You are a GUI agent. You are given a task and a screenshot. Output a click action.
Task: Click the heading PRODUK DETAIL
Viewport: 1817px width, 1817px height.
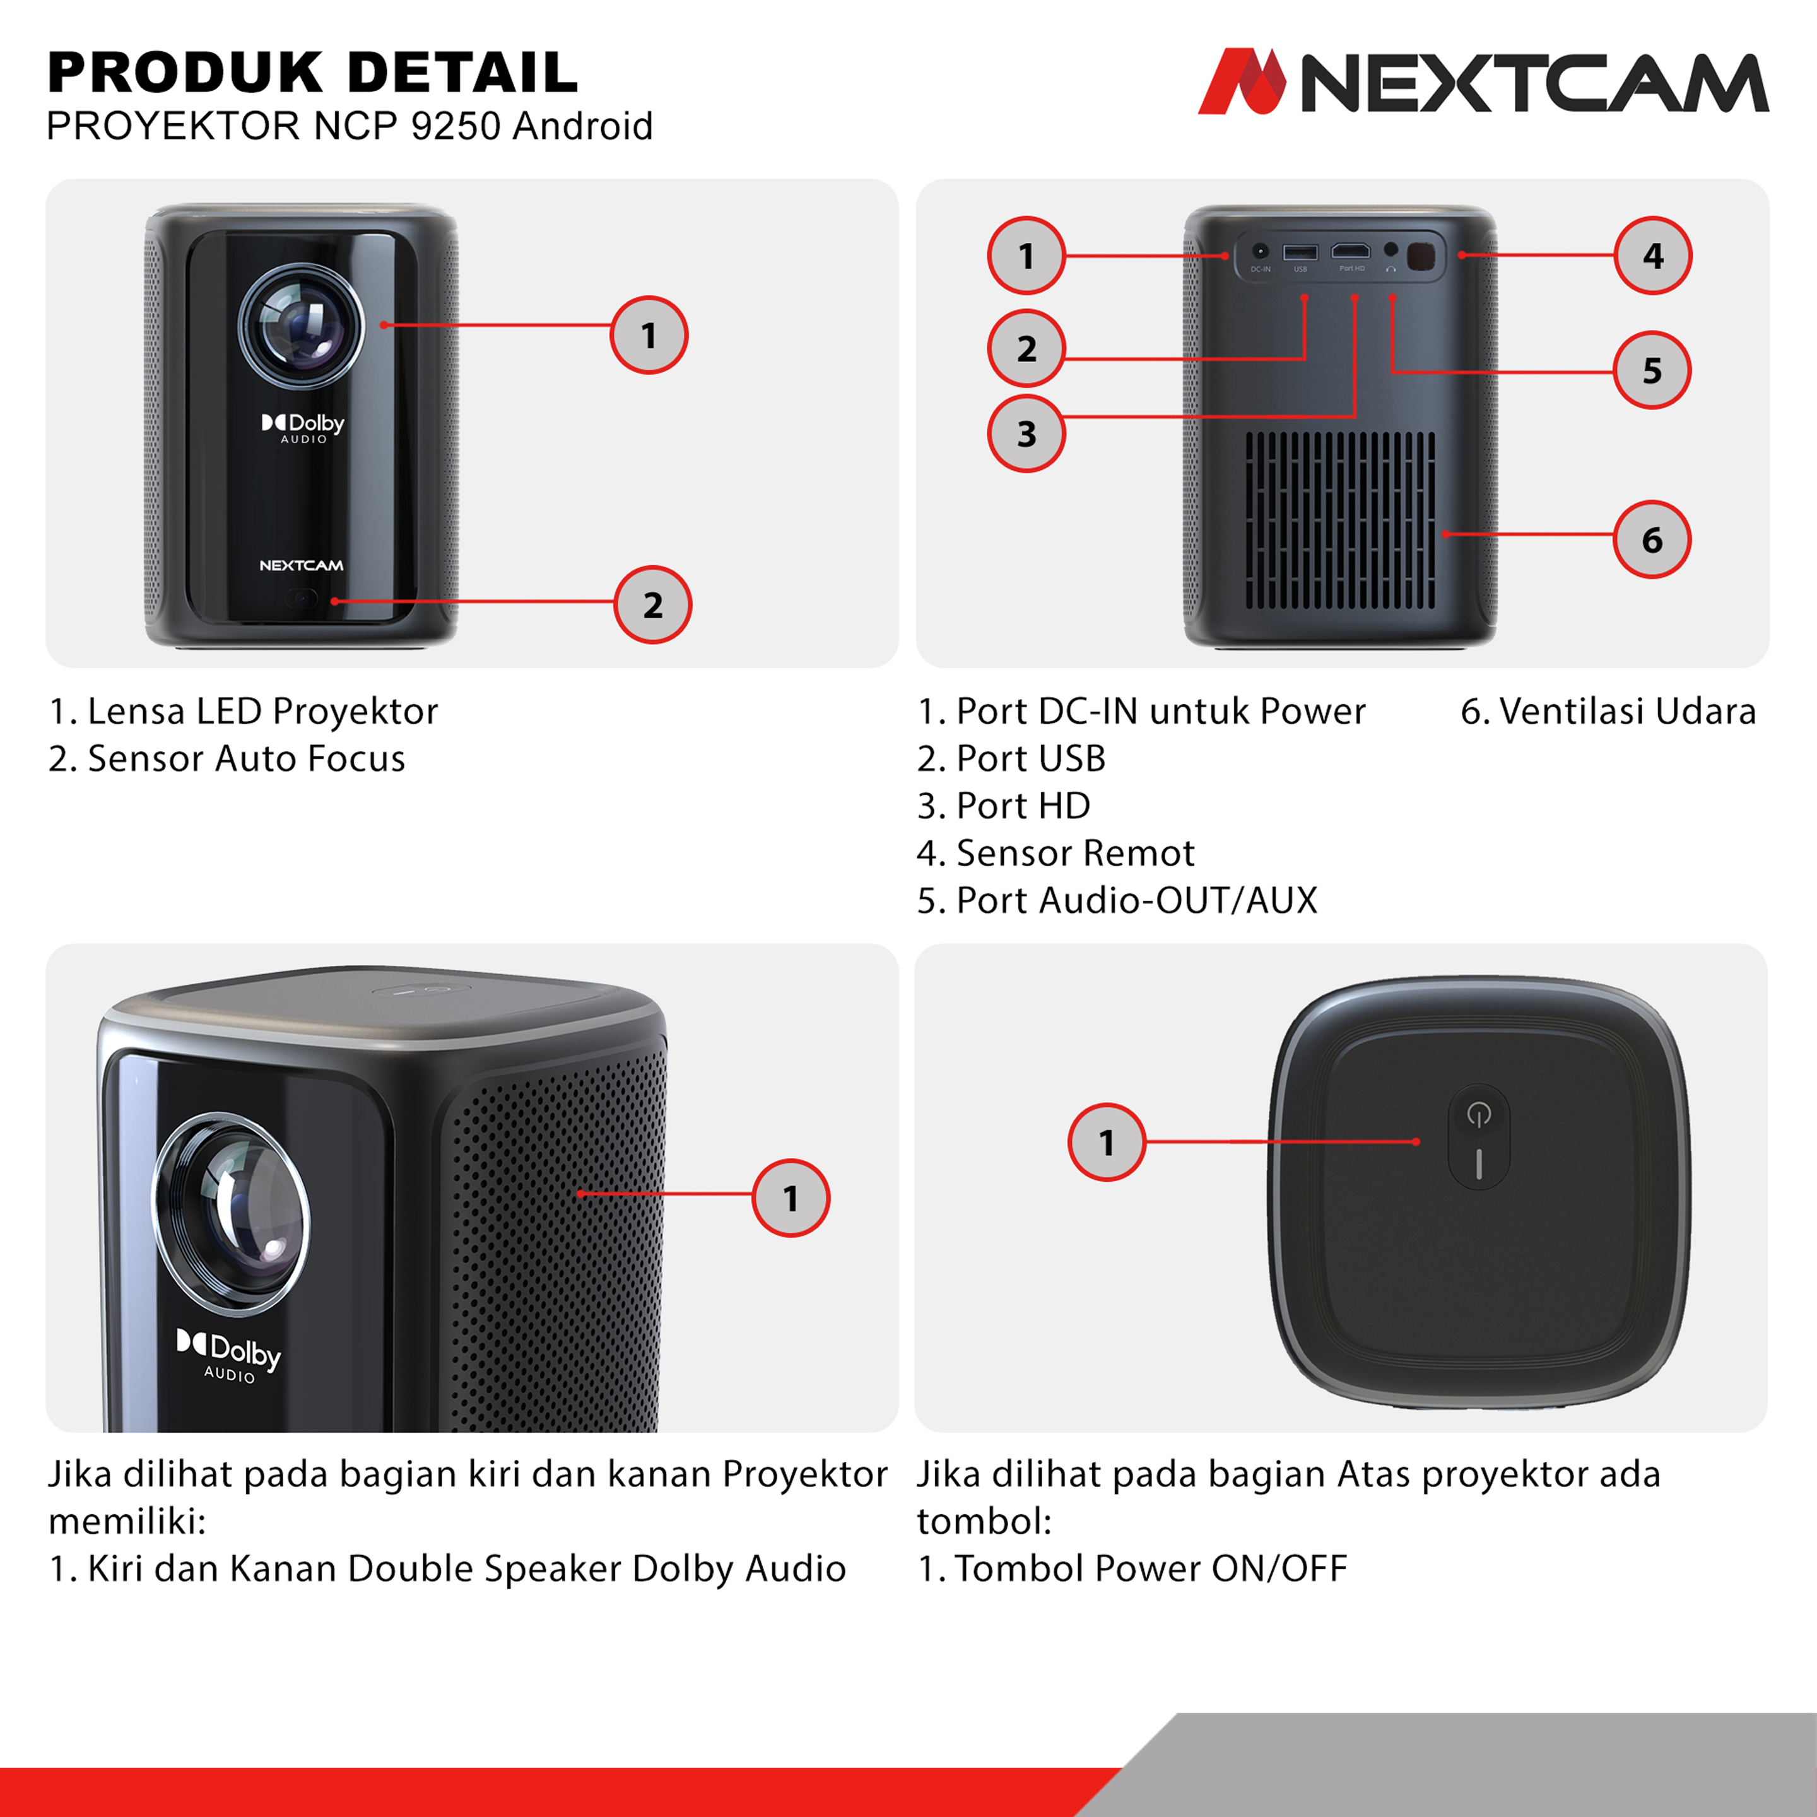[x=312, y=73]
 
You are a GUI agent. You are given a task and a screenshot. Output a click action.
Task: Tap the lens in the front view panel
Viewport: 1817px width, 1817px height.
[x=301, y=326]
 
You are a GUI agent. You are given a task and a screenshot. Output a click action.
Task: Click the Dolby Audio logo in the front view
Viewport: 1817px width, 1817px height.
[x=303, y=428]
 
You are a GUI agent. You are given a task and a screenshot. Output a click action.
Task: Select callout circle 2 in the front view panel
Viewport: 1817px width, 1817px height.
[x=653, y=605]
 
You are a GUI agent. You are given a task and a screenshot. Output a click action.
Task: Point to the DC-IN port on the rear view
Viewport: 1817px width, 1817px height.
[x=1261, y=251]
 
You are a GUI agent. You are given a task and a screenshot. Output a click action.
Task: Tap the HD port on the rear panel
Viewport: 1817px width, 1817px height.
[x=1351, y=251]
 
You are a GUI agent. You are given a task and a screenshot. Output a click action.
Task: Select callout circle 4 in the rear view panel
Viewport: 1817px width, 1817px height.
[x=1654, y=256]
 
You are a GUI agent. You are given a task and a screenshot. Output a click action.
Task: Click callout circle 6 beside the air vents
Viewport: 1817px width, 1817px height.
[x=1652, y=539]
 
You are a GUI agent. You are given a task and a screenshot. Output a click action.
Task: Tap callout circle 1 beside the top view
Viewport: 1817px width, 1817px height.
[x=1107, y=1142]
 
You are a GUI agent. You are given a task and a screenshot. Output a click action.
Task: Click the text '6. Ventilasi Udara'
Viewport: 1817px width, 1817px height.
[x=1608, y=711]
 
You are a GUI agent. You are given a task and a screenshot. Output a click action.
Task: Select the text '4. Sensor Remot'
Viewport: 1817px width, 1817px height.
[x=1056, y=853]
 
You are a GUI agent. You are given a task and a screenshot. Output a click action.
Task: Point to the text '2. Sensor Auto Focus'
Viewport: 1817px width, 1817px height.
[x=226, y=758]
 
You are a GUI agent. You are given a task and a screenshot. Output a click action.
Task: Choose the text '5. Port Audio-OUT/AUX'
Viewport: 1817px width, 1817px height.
[x=1117, y=900]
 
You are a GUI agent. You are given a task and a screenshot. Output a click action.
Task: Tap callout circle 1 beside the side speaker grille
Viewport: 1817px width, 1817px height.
[x=791, y=1198]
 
